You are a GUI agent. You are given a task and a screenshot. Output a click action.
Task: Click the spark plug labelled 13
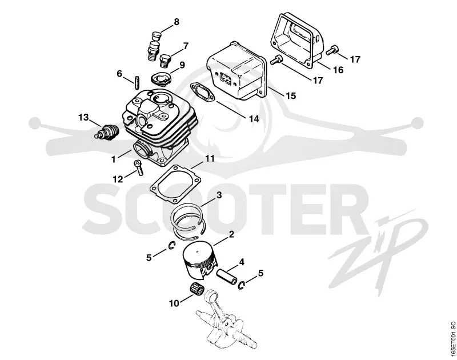tap(107, 133)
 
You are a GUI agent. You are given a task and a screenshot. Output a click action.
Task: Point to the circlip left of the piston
tap(171, 246)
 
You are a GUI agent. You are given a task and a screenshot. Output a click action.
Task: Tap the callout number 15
tap(291, 95)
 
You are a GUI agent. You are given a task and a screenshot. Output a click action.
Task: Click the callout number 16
tap(338, 70)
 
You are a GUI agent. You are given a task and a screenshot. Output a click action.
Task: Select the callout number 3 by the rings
tap(219, 195)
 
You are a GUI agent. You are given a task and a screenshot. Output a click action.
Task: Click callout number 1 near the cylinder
tap(114, 159)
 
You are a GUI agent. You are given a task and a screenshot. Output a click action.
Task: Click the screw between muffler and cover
tap(276, 59)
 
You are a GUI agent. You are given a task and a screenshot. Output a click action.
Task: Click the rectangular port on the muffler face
tap(226, 78)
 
